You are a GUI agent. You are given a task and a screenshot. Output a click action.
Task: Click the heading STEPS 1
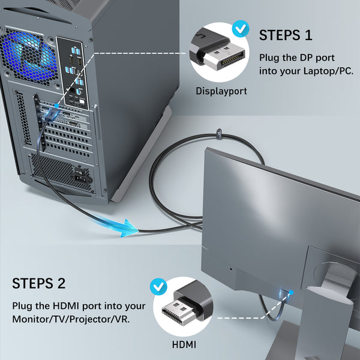[286, 35]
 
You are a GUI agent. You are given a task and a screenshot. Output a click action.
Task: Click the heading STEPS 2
[39, 283]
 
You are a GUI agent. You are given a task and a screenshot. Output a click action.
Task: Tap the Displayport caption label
[221, 91]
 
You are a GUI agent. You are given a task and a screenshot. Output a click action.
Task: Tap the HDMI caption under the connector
[184, 344]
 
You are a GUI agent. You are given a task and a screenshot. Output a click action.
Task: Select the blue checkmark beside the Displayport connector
[241, 29]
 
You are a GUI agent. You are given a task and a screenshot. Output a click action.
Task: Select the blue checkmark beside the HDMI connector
[159, 286]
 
